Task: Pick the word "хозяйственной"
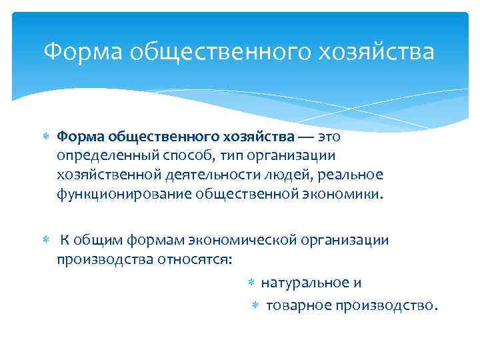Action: pos(105,175)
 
